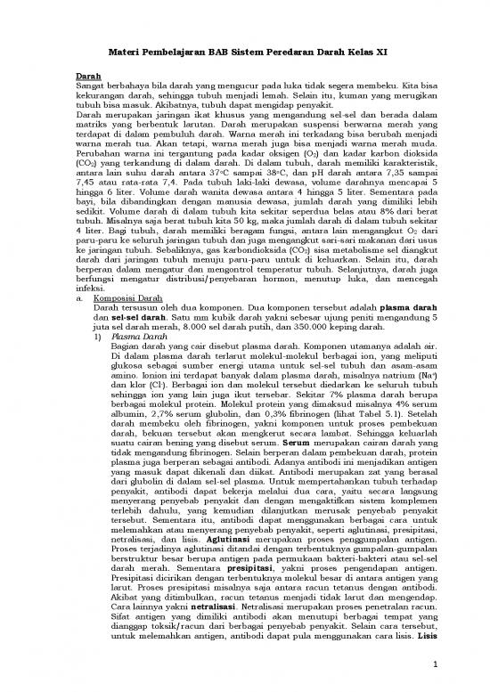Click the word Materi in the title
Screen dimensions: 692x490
117,54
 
